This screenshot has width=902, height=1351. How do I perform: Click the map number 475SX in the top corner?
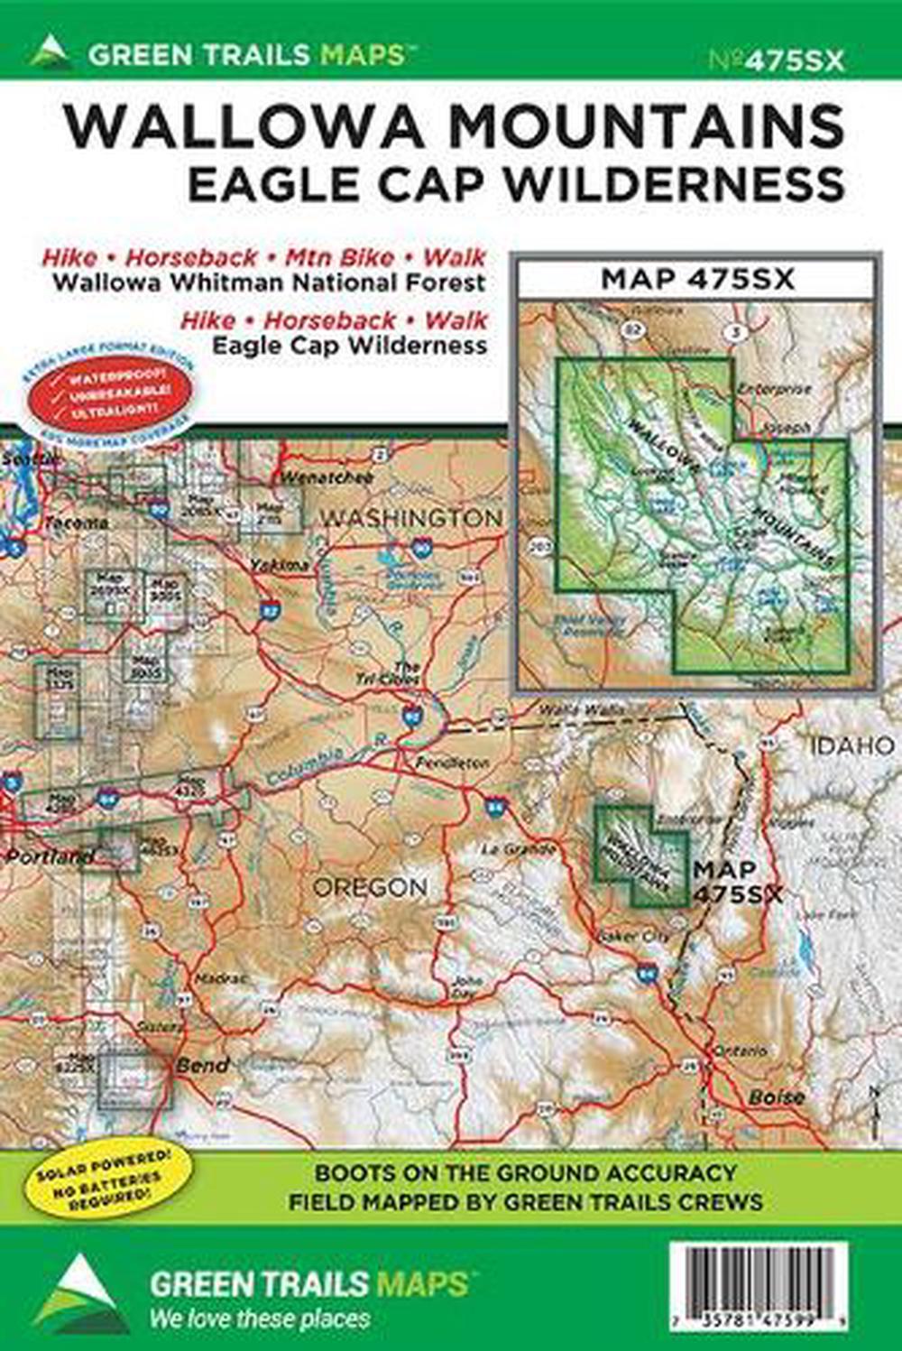tap(777, 60)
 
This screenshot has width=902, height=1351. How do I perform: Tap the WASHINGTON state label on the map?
tap(411, 518)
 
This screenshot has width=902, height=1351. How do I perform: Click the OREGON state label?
tap(370, 887)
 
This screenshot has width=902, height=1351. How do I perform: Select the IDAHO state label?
tap(852, 745)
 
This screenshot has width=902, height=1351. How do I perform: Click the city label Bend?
tap(202, 1065)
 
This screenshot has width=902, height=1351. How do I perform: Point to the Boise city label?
tap(776, 1097)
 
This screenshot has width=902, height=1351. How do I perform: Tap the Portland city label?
tap(50, 856)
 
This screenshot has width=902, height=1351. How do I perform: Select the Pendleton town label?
tap(453, 763)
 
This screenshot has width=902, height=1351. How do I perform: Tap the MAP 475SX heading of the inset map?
tap(697, 279)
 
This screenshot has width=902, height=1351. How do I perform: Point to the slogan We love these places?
tap(260, 1319)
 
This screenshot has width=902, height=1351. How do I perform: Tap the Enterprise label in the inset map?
tap(774, 389)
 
